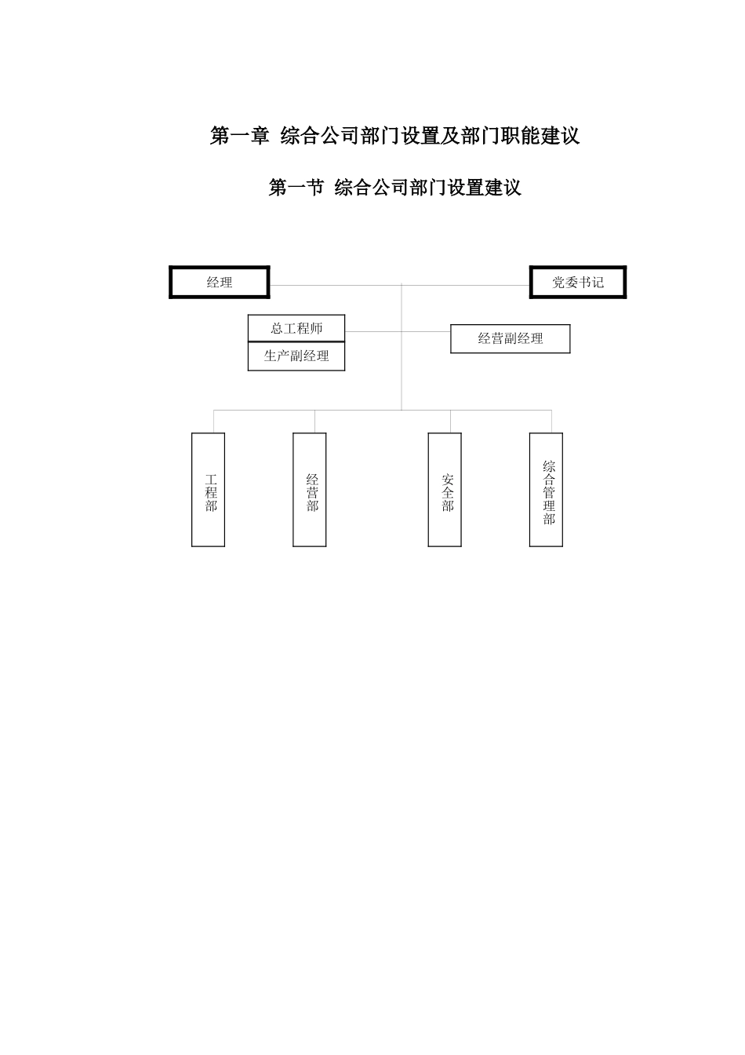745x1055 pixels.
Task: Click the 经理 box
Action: tap(220, 283)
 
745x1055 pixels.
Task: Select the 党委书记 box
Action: tap(578, 283)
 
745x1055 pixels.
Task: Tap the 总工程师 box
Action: tap(296, 329)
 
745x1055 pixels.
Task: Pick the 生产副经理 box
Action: tap(296, 356)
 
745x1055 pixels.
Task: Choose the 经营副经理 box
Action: tap(510, 339)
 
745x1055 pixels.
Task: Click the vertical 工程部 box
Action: tap(209, 490)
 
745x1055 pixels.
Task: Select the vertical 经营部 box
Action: tap(310, 490)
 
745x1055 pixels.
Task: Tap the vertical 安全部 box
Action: tap(445, 490)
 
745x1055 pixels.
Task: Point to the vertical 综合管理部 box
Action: tap(546, 490)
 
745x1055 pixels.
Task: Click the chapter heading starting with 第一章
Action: tap(394, 136)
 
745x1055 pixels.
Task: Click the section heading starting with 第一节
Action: tap(394, 188)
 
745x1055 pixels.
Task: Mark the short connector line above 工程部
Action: tap(214, 422)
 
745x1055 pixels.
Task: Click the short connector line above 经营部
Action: tap(315, 422)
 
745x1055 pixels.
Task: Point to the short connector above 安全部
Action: tap(450, 422)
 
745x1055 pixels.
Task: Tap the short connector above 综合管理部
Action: tap(551, 422)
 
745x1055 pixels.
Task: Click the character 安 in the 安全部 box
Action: tap(448, 479)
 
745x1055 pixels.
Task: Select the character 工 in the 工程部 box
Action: tap(212, 479)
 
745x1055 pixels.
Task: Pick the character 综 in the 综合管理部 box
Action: tap(549, 466)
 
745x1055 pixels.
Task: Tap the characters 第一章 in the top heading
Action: tap(239, 136)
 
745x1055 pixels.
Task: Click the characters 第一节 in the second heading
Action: tap(296, 188)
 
